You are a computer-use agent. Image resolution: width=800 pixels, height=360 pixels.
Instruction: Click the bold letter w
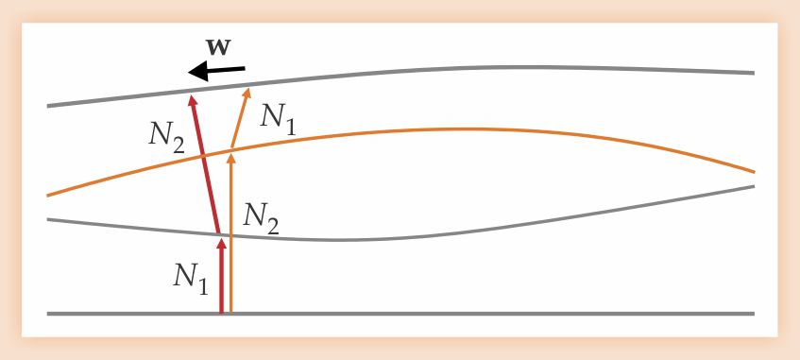[219, 47]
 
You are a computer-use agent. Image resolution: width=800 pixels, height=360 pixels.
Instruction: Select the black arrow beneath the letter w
[217, 71]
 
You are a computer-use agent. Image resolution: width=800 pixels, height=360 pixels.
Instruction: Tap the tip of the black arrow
[189, 73]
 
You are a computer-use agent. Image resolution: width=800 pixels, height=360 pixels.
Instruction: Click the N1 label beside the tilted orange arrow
[277, 120]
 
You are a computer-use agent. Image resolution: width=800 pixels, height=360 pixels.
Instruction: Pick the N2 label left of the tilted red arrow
[166, 137]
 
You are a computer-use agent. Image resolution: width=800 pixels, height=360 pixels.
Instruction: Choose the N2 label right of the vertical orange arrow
[261, 218]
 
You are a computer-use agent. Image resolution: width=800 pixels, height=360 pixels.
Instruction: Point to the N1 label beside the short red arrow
[190, 279]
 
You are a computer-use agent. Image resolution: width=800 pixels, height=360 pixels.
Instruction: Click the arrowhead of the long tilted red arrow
[193, 99]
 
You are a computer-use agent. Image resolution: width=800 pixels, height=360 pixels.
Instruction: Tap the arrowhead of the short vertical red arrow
[221, 243]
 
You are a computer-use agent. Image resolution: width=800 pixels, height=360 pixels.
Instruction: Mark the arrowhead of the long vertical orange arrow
[231, 158]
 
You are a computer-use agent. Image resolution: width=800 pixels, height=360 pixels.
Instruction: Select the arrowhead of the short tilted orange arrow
[247, 93]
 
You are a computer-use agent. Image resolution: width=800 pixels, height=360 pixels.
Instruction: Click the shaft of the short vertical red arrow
[221, 281]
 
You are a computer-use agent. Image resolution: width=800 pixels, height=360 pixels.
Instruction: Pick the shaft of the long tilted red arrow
[206, 168]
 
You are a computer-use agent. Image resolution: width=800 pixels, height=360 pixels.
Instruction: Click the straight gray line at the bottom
[400, 314]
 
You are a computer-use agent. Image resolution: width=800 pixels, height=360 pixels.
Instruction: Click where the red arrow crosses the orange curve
[203, 154]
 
